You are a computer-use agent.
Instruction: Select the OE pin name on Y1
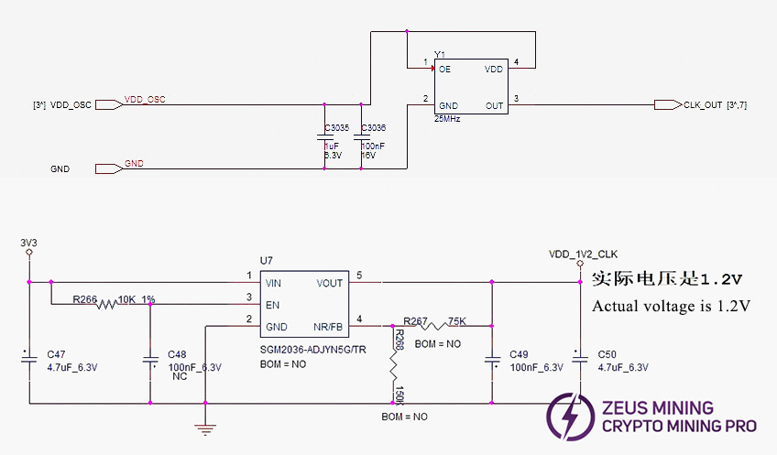click(x=445, y=69)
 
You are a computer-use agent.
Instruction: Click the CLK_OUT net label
click(x=703, y=105)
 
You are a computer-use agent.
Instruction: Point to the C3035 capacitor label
click(x=337, y=128)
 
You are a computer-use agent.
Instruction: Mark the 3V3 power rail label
click(x=28, y=243)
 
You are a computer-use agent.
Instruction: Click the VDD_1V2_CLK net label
click(x=584, y=254)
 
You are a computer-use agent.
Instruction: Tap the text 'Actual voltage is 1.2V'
click(x=672, y=306)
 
